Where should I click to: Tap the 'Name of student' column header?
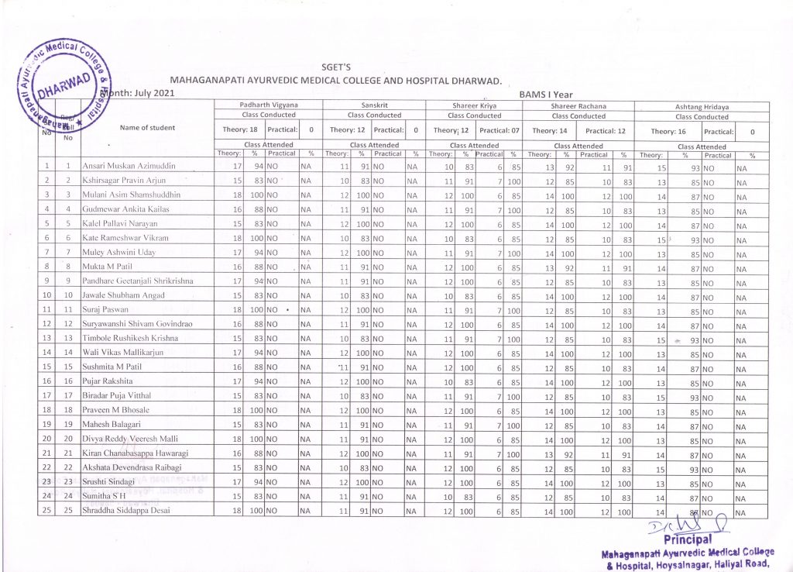(x=147, y=128)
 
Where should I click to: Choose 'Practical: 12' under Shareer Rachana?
(x=606, y=130)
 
